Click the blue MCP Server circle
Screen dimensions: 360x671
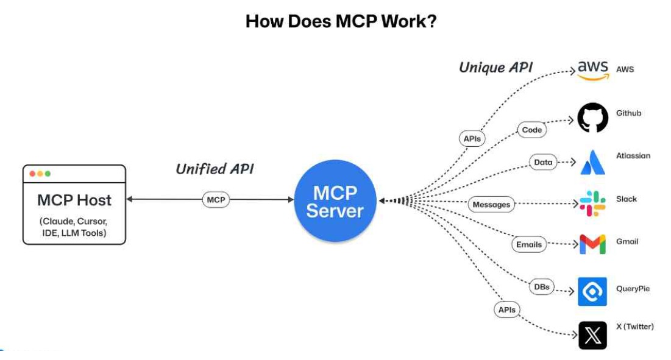pyautogui.click(x=335, y=202)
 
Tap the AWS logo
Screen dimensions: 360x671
pyautogui.click(x=592, y=69)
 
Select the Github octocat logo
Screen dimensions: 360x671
pyautogui.click(x=592, y=117)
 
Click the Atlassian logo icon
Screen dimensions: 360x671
pyautogui.click(x=592, y=162)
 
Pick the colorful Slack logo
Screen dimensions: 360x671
pyautogui.click(x=592, y=203)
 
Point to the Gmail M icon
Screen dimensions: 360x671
pyautogui.click(x=592, y=244)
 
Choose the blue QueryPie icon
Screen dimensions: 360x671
pyautogui.click(x=592, y=291)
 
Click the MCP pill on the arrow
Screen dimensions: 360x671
pyautogui.click(x=216, y=199)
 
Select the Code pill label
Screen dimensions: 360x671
pyautogui.click(x=532, y=130)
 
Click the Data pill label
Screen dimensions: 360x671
pyautogui.click(x=543, y=162)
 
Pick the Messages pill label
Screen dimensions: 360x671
pyautogui.click(x=491, y=205)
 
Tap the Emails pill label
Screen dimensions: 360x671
pyautogui.click(x=528, y=244)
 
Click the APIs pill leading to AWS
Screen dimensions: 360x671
pyautogui.click(x=472, y=139)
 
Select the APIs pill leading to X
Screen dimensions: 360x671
pyautogui.click(x=506, y=310)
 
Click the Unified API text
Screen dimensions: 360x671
pyautogui.click(x=215, y=169)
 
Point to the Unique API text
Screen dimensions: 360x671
pyautogui.click(x=495, y=67)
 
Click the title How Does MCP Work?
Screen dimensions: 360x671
pyautogui.click(x=341, y=21)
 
